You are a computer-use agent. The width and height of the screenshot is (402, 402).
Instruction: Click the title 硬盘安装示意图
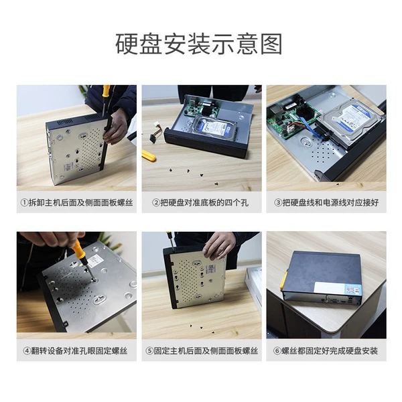tap(199, 44)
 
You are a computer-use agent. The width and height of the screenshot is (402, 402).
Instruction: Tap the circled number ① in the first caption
tap(24, 203)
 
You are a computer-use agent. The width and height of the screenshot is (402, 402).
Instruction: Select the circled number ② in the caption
tap(156, 203)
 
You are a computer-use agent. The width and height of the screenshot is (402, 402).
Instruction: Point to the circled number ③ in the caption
tap(277, 203)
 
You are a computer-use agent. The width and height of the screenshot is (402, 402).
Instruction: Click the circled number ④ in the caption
tap(27, 350)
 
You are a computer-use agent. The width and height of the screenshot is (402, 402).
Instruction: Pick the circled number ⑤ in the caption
tap(149, 350)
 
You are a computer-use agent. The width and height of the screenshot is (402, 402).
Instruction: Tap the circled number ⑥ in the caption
tap(277, 350)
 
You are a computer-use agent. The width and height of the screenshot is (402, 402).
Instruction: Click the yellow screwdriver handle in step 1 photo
tap(106, 91)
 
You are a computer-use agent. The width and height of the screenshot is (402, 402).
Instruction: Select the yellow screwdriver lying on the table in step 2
tap(149, 155)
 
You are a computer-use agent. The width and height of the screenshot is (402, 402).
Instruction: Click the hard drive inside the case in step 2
tap(215, 126)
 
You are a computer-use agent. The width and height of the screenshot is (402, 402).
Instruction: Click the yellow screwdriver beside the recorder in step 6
tap(283, 281)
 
